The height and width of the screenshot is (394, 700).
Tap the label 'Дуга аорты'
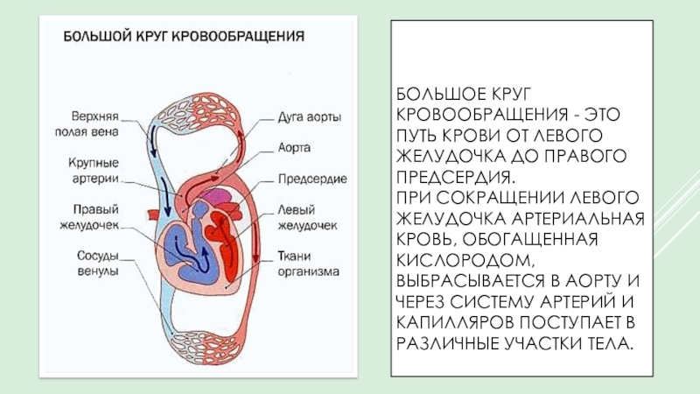point(304,116)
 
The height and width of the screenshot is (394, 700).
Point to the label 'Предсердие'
point(311,179)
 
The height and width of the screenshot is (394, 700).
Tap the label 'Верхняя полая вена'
point(95,123)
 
